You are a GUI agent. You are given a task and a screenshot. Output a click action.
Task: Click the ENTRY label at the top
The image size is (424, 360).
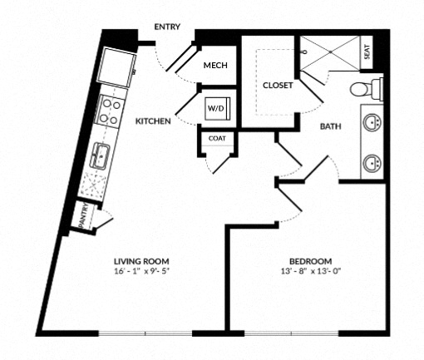(x=167, y=27)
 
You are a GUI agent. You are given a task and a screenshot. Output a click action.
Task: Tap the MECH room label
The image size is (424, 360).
(x=215, y=66)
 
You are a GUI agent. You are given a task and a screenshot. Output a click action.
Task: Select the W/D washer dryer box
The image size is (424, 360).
(x=218, y=108)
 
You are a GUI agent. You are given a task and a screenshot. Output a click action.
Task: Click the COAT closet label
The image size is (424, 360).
(x=217, y=138)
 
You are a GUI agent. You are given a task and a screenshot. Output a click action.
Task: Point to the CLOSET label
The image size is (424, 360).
(x=278, y=86)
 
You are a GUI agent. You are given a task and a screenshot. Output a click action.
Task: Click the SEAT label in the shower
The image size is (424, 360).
(x=367, y=52)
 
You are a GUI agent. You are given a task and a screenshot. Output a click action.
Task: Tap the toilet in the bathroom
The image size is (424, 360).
(x=367, y=89)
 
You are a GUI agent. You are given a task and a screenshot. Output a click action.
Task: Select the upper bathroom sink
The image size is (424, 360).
(x=372, y=121)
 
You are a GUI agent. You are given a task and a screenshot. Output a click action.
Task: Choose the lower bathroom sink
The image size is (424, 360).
(x=372, y=163)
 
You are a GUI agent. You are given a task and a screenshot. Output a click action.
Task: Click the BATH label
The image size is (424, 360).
(x=331, y=126)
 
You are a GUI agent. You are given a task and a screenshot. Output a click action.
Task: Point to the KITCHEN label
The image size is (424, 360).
(x=153, y=121)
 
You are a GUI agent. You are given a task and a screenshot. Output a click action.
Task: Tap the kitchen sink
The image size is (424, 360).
(x=100, y=155)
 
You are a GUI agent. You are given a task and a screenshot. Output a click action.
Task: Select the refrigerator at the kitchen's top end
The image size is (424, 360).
(x=117, y=68)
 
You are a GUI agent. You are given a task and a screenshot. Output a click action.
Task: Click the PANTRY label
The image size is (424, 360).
(x=83, y=215)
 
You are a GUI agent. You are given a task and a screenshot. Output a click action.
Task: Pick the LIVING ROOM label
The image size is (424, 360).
(x=141, y=261)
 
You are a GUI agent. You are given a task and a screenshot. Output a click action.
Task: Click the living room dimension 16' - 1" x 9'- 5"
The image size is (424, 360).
(x=141, y=271)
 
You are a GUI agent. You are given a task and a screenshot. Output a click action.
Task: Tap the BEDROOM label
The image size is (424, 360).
(x=311, y=261)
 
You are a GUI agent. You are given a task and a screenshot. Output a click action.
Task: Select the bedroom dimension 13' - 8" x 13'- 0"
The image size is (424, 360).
(x=311, y=271)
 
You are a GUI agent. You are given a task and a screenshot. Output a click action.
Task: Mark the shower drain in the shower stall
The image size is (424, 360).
(x=330, y=52)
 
